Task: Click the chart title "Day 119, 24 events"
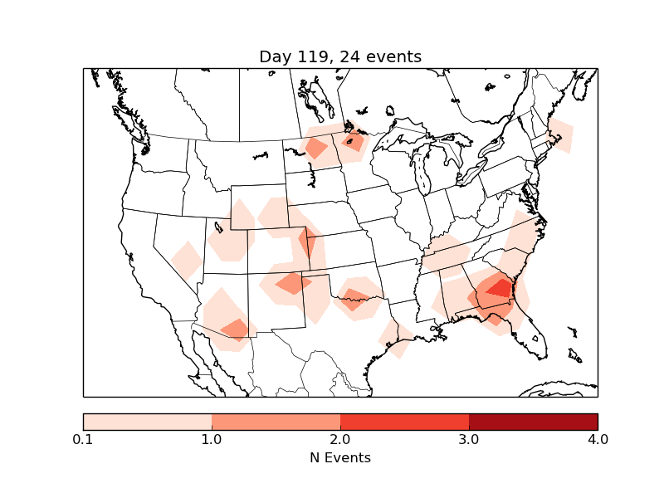tap(340, 56)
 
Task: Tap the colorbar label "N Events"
tap(340, 457)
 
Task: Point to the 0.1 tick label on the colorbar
tap(83, 439)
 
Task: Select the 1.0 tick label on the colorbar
tap(212, 439)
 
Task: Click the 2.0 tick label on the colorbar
tap(340, 439)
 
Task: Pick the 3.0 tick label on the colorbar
tap(469, 439)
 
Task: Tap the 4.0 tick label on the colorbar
tap(597, 439)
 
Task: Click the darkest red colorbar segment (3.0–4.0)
tap(533, 422)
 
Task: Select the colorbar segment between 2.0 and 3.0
tap(404, 422)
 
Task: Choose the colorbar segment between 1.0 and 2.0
tap(276, 422)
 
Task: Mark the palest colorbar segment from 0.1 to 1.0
tap(147, 422)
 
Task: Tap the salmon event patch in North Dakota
tap(316, 148)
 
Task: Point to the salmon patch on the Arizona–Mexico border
tap(236, 330)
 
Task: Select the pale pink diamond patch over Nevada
tap(187, 260)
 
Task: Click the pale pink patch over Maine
tap(560, 134)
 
